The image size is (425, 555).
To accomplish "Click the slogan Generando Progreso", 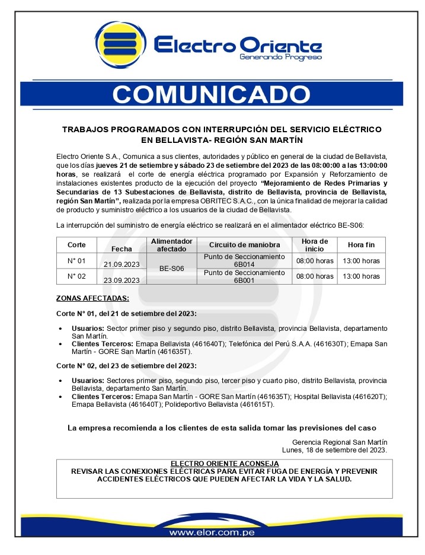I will coord(280,58).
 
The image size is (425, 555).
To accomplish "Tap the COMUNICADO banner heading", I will coord(211,94).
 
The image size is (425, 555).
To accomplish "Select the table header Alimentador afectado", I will coord(172,245).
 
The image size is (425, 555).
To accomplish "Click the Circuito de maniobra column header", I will coord(244,245).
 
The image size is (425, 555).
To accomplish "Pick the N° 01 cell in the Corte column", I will coord(76,261).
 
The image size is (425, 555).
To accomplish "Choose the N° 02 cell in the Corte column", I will coord(76,276).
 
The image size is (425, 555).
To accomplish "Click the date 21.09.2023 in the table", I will coord(122,264).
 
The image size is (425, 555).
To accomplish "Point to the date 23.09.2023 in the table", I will coord(122,280).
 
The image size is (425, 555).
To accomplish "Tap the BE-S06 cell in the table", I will coord(172,269).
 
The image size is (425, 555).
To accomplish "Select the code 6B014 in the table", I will coord(244,264).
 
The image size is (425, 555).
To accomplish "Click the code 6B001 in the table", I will coord(244,280).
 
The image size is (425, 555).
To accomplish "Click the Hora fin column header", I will coord(361,245).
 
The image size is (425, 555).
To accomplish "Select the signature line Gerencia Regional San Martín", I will coord(340,442).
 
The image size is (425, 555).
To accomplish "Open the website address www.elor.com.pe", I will coord(212,532).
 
